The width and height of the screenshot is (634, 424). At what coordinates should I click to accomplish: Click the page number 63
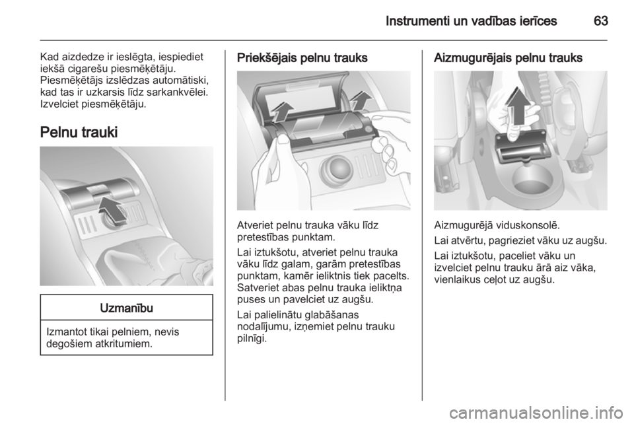tap(600, 20)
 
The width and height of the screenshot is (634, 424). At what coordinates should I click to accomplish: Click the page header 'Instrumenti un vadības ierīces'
tap(471, 20)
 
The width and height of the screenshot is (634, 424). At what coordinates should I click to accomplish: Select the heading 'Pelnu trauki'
tap(79, 132)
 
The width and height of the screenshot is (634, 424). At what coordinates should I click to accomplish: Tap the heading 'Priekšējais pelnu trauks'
tap(302, 58)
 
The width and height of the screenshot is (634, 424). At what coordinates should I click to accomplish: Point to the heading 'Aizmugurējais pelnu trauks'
tap(508, 58)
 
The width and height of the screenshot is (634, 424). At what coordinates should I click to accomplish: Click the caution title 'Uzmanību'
tap(127, 308)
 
